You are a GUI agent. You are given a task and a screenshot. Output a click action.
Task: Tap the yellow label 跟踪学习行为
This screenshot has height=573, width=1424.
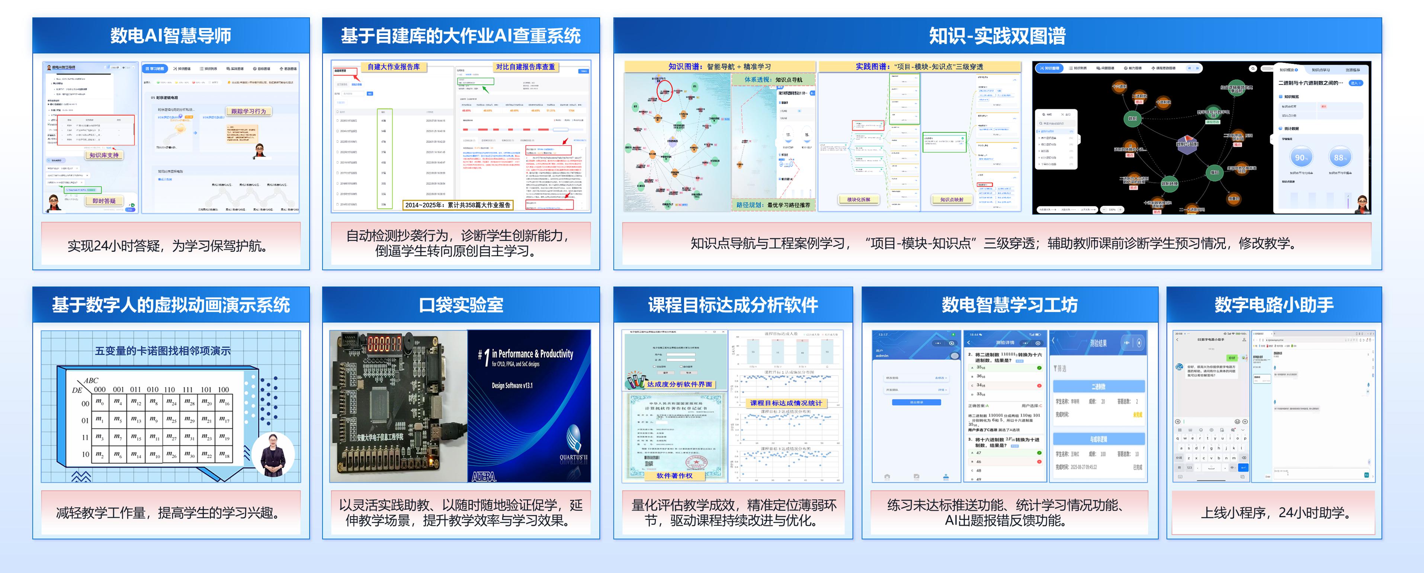[x=248, y=111]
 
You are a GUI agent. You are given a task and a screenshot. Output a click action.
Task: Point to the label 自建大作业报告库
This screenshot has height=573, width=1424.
[x=394, y=67]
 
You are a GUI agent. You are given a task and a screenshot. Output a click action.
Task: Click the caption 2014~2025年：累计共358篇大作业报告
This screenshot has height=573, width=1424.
[x=458, y=205]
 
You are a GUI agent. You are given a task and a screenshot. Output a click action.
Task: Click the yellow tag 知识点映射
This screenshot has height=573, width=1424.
[x=951, y=199]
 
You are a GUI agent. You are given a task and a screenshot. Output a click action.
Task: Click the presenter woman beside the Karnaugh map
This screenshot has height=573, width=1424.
[x=273, y=455]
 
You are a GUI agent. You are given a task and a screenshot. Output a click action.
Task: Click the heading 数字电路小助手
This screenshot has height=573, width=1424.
[x=1274, y=305]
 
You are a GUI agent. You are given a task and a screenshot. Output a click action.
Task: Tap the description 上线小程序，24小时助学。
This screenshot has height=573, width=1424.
[x=1274, y=513]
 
